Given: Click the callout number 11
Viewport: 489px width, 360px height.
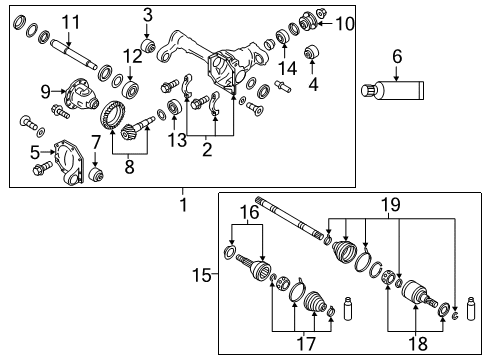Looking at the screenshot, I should pos(69,22).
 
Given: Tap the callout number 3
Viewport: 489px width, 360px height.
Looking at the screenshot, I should pos(147,14).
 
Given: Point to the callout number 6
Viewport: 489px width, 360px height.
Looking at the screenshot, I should pos(396,58).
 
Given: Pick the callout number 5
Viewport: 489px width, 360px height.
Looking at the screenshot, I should pos(34,152).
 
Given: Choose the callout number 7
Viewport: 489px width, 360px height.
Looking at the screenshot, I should pos(96,143).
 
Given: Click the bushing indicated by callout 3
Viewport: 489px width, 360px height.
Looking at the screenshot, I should pos(148,46).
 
